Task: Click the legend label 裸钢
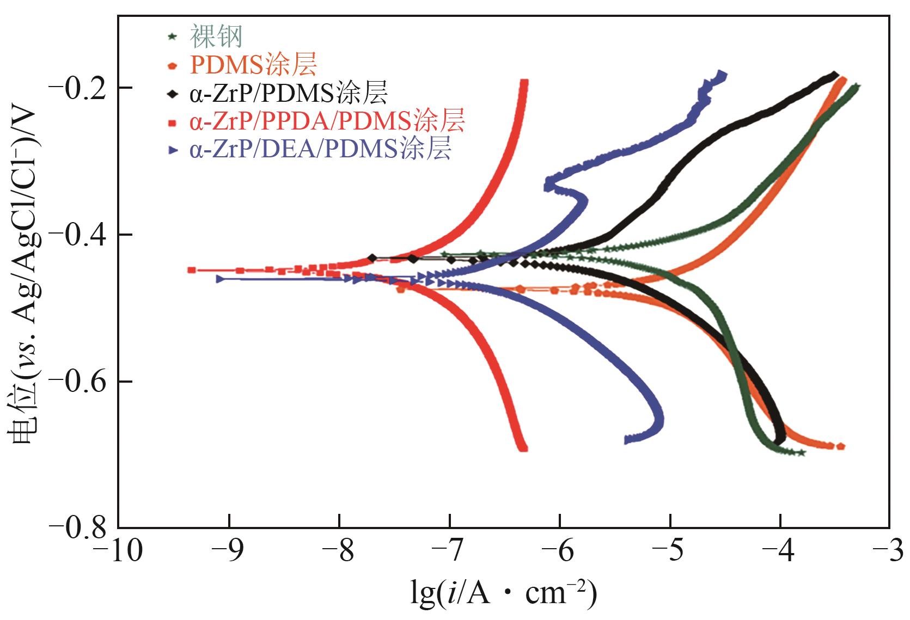pyautogui.click(x=216, y=36)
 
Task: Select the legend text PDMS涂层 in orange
pyautogui.click(x=253, y=65)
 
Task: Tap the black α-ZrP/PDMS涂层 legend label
pyautogui.click(x=289, y=94)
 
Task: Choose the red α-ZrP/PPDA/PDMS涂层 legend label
pyautogui.click(x=327, y=122)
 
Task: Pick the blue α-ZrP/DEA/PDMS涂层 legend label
pyautogui.click(x=321, y=150)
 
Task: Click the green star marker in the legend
pyautogui.click(x=172, y=36)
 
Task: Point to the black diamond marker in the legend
pyautogui.click(x=172, y=94)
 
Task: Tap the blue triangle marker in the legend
pyautogui.click(x=172, y=151)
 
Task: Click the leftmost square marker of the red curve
pyautogui.click(x=192, y=270)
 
